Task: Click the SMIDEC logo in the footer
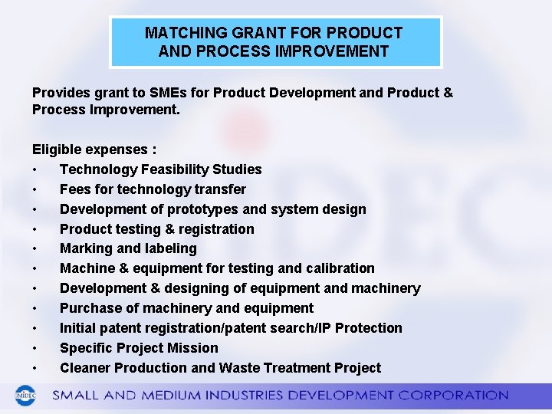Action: [x=26, y=396]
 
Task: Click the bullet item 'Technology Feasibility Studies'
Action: [x=160, y=169]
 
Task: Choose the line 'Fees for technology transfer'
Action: [x=153, y=189]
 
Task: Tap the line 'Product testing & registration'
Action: [x=156, y=229]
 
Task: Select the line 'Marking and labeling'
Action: [x=128, y=248]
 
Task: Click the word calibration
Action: [x=340, y=268]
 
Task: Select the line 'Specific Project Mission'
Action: [x=139, y=348]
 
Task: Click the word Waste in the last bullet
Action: [x=238, y=368]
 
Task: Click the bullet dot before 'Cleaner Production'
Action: [x=35, y=369]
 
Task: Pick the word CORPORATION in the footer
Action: [x=458, y=396]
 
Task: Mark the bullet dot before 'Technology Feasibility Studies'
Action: [x=35, y=170]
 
